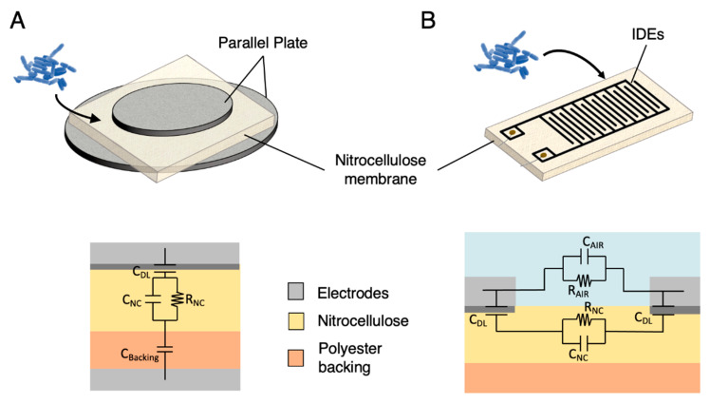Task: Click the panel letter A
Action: [x=18, y=20]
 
